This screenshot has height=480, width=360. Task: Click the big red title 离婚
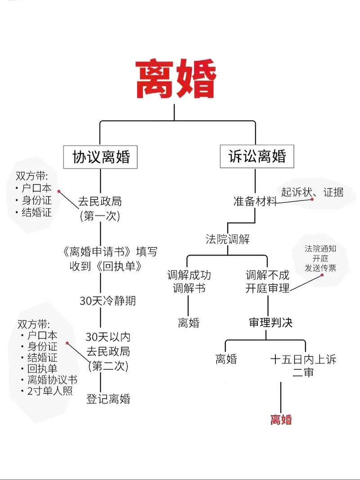pyautogui.click(x=176, y=79)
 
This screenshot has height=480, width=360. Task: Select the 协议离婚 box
pyautogui.click(x=100, y=157)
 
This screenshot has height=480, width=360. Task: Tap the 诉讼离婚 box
pyautogui.click(x=257, y=156)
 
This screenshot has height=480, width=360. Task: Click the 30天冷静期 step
pyautogui.click(x=108, y=301)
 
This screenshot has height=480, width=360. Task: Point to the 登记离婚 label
pyautogui.click(x=108, y=399)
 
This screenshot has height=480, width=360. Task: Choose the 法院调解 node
pyautogui.click(x=227, y=239)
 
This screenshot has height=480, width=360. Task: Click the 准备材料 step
pyautogui.click(x=255, y=201)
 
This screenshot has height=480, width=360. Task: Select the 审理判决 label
pyautogui.click(x=270, y=323)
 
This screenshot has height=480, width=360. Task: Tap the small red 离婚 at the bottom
pyautogui.click(x=281, y=419)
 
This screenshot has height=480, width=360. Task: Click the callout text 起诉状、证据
pyautogui.click(x=312, y=192)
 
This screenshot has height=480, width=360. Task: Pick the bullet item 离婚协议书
pyautogui.click(x=52, y=380)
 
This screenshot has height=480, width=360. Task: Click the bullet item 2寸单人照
pyautogui.click(x=50, y=390)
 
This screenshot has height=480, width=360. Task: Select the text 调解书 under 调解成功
pyautogui.click(x=189, y=288)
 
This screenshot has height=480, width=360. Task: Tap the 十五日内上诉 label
pyautogui.click(x=303, y=359)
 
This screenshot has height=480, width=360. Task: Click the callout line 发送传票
pyautogui.click(x=320, y=268)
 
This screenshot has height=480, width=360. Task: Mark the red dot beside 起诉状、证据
pyautogui.click(x=312, y=199)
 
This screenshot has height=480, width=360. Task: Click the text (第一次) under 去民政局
pyautogui.click(x=100, y=216)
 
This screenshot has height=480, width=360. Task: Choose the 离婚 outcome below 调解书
pyautogui.click(x=189, y=323)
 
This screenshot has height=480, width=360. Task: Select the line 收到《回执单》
pyautogui.click(x=106, y=266)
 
